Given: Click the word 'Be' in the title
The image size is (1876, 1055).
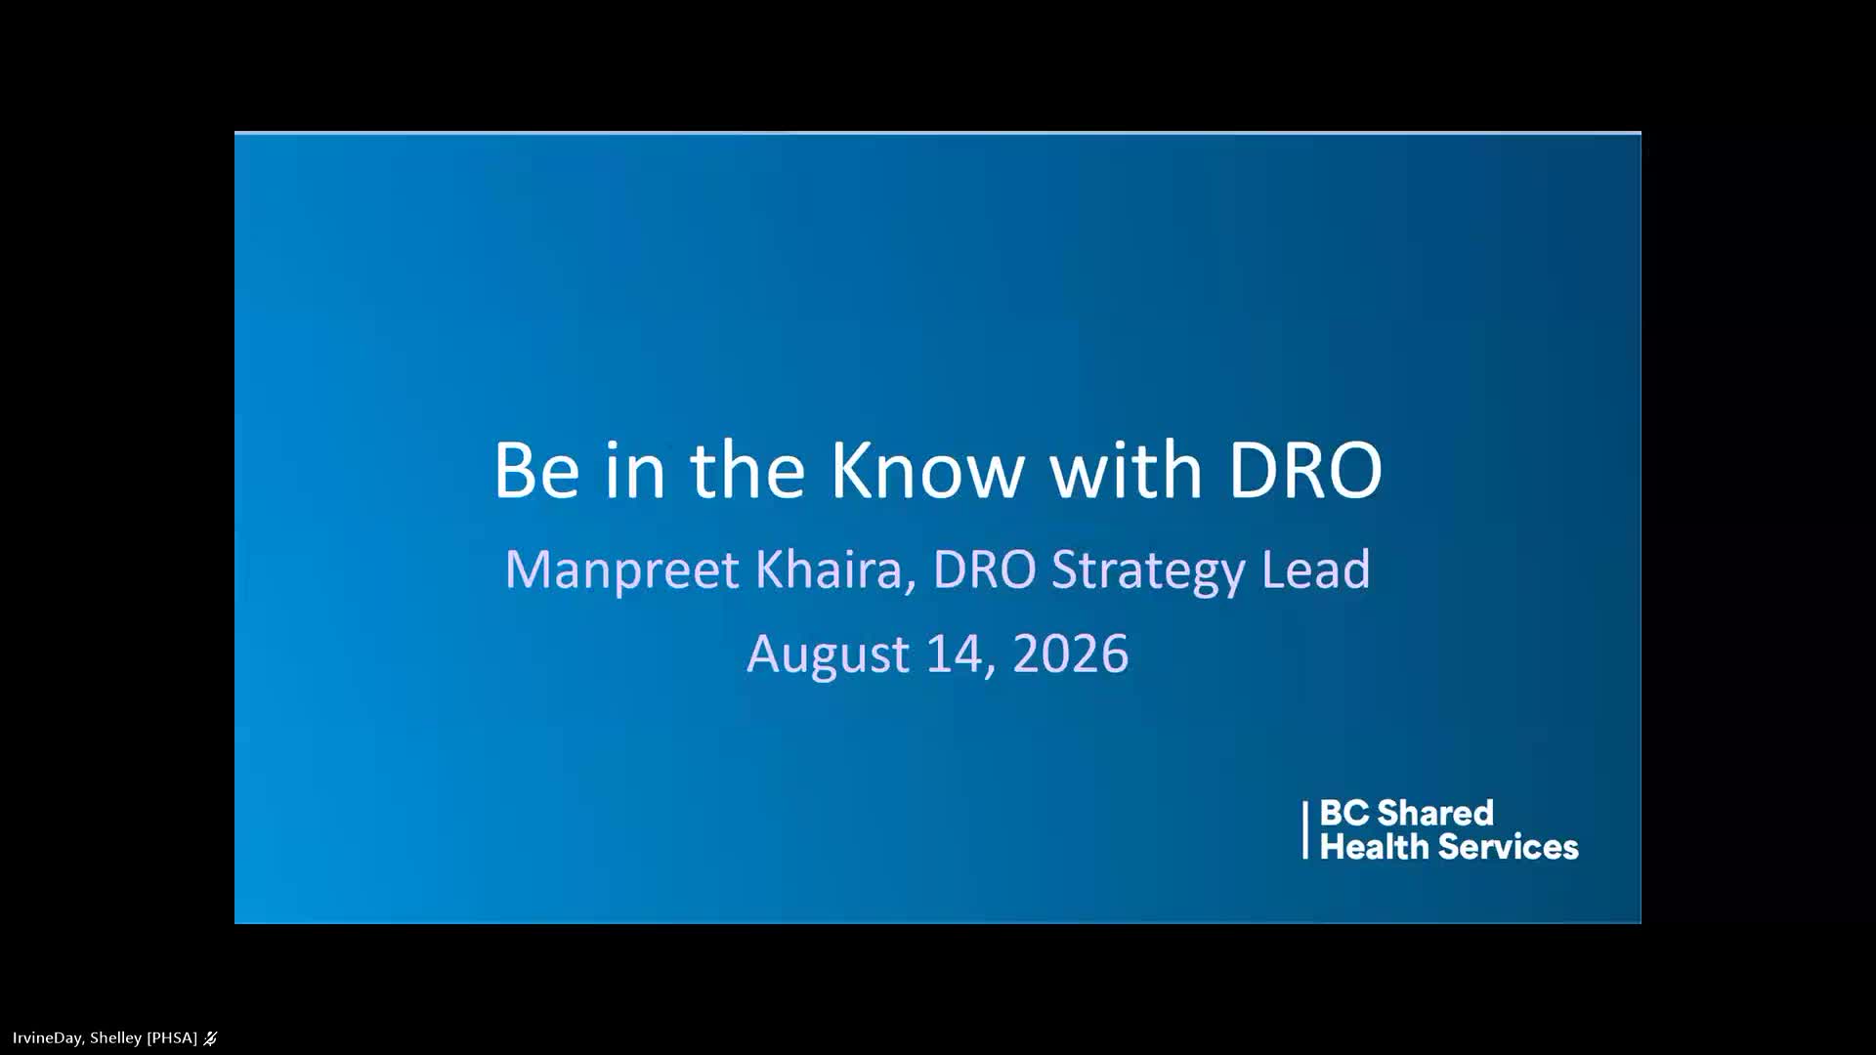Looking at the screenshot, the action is pos(536,470).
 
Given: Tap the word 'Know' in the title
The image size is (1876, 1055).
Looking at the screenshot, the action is pos(927,470).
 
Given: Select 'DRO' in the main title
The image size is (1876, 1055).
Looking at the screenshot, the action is pos(1305,470).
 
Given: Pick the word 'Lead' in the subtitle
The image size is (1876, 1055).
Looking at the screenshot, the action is pos(1316,569).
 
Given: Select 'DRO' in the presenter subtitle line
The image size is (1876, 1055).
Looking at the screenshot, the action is pos(984,570).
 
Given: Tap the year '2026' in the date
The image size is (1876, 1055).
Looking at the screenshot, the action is pos(1071,654).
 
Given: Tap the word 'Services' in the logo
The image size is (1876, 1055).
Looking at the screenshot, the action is pos(1503,846).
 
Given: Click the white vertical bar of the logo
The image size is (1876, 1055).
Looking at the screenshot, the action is pos(1305,830).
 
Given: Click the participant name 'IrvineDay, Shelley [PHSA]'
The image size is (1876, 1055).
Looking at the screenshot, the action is pos(105,1037).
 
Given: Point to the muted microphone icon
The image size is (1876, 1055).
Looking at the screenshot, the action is pos(210,1038).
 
